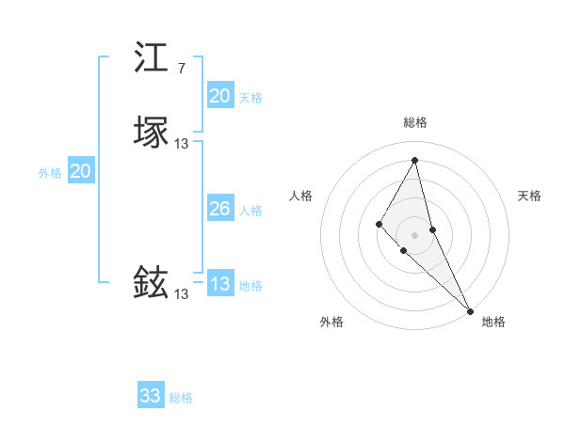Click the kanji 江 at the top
tap(151, 58)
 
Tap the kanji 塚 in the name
tap(151, 133)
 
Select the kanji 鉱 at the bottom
tap(151, 283)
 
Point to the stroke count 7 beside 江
tap(181, 69)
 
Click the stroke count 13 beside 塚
tap(182, 143)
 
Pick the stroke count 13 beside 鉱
tap(182, 293)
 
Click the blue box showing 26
tap(219, 209)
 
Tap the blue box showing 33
tap(150, 396)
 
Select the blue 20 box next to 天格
tap(219, 96)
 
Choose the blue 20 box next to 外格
tap(81, 171)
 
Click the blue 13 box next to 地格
tap(219, 284)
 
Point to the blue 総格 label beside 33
tap(181, 398)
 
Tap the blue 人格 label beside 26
tap(251, 211)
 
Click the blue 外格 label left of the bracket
tap(49, 173)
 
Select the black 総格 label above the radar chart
tap(414, 122)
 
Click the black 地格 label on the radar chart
tap(493, 322)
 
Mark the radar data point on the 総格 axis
tap(414, 159)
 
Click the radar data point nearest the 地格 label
tap(470, 310)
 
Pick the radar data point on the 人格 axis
tap(379, 223)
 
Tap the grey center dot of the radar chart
tap(414, 234)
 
